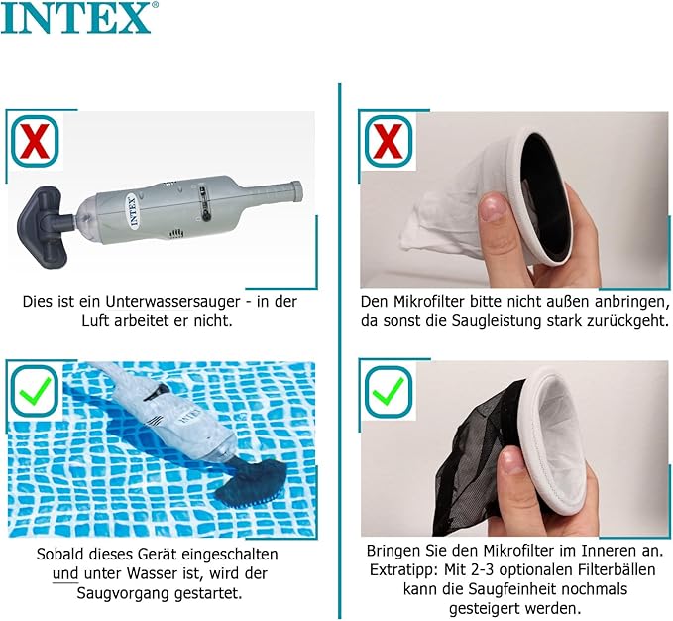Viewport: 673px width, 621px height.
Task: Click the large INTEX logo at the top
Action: [x=76, y=17]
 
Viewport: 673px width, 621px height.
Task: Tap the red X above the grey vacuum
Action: [x=35, y=141]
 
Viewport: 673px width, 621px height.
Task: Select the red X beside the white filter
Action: [x=388, y=141]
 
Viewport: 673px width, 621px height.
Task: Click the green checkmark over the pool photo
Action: [x=35, y=390]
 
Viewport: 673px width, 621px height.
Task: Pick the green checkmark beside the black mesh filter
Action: [x=388, y=390]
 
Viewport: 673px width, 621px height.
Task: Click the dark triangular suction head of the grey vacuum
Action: [x=42, y=227]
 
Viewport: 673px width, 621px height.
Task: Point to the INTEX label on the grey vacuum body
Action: [x=132, y=212]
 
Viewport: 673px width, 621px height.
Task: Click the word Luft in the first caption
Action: [x=95, y=320]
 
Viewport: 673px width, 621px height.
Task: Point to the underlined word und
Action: [x=65, y=573]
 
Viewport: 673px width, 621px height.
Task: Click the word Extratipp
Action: [x=403, y=569]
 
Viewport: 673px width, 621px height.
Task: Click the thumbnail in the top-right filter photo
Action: [x=494, y=205]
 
